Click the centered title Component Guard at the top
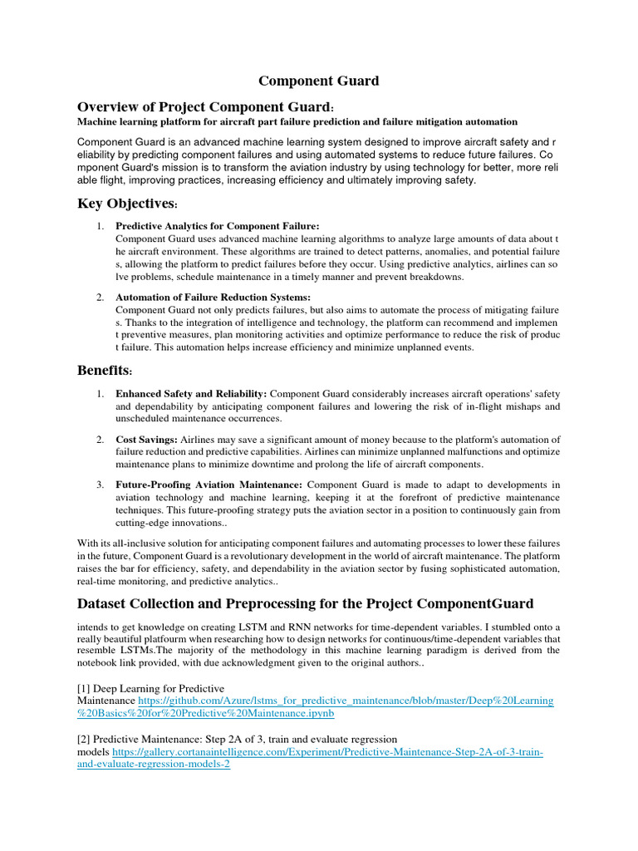pos(318,81)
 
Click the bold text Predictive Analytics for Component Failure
pos(217,225)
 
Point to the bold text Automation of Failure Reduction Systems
pos(213,297)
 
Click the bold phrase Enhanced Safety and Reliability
pos(191,392)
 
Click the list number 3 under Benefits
pos(99,485)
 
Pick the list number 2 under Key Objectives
pos(99,297)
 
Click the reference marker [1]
pos(83,688)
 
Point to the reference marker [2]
pos(83,739)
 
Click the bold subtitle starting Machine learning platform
pos(297,122)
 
